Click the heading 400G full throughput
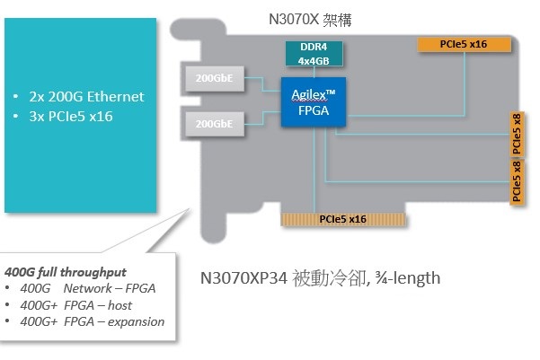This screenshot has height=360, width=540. coord(66,272)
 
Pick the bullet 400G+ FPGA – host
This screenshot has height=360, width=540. coord(81,305)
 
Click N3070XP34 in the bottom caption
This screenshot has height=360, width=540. coord(245,277)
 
